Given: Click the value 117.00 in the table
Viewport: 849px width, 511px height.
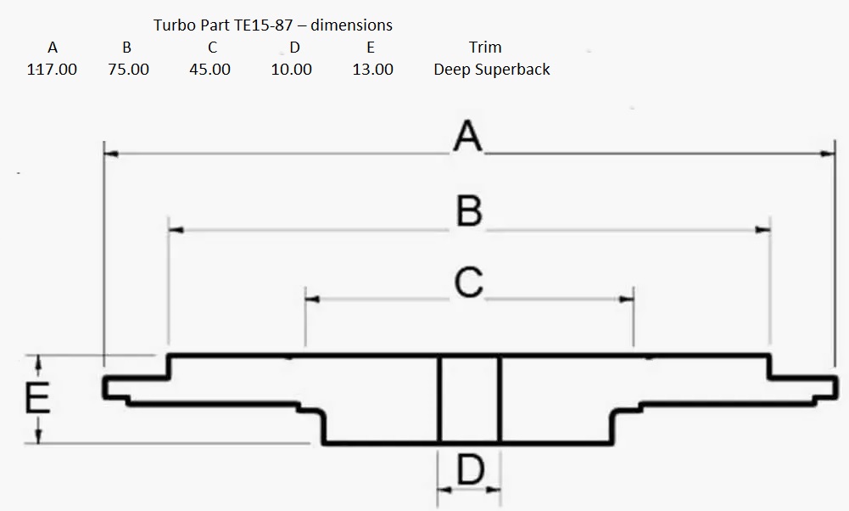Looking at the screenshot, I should click(52, 70).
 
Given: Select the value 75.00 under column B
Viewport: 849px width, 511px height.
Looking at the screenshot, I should click(128, 70).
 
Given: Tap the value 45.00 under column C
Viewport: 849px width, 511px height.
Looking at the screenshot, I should click(209, 70).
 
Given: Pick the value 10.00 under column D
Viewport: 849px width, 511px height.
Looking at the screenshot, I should click(291, 70).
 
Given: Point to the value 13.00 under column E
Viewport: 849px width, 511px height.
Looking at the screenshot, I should click(372, 70).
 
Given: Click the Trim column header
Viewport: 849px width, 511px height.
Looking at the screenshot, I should click(484, 48).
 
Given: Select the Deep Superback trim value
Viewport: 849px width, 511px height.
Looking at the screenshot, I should click(491, 70).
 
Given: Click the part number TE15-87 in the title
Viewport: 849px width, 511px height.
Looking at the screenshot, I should click(262, 25).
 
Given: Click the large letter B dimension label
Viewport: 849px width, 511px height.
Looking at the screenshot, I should click(469, 211).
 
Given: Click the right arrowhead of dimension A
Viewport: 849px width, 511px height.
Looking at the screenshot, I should click(829, 154).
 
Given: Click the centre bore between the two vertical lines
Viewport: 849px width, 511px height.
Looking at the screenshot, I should click(469, 399).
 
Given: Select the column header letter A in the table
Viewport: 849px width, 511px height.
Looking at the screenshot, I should click(52, 48).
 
